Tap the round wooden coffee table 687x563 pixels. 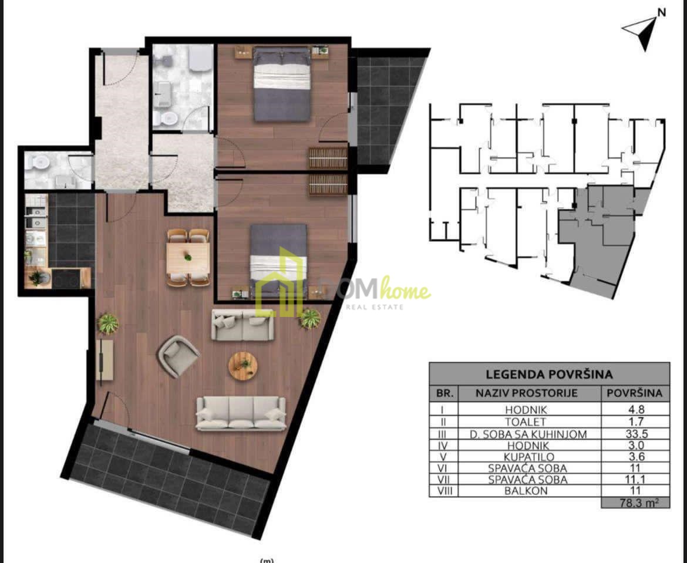(x=243, y=365)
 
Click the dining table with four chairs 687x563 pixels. (x=188, y=258)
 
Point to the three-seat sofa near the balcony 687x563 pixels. (x=241, y=413)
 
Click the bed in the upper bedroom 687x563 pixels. (x=282, y=84)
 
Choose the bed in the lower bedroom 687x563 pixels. (x=278, y=262)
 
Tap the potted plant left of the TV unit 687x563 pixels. (x=108, y=324)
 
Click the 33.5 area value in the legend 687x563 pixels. (x=635, y=434)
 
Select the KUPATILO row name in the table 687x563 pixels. (x=529, y=457)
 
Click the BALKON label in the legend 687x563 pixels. (x=526, y=491)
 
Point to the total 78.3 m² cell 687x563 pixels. (x=636, y=503)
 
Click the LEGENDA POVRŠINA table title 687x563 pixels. (x=549, y=375)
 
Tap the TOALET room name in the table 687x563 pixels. (x=526, y=422)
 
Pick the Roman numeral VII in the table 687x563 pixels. (x=443, y=479)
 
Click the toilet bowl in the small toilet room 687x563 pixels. (x=39, y=161)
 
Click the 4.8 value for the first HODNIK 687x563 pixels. (x=635, y=410)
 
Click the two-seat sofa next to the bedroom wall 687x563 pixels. (x=243, y=325)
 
